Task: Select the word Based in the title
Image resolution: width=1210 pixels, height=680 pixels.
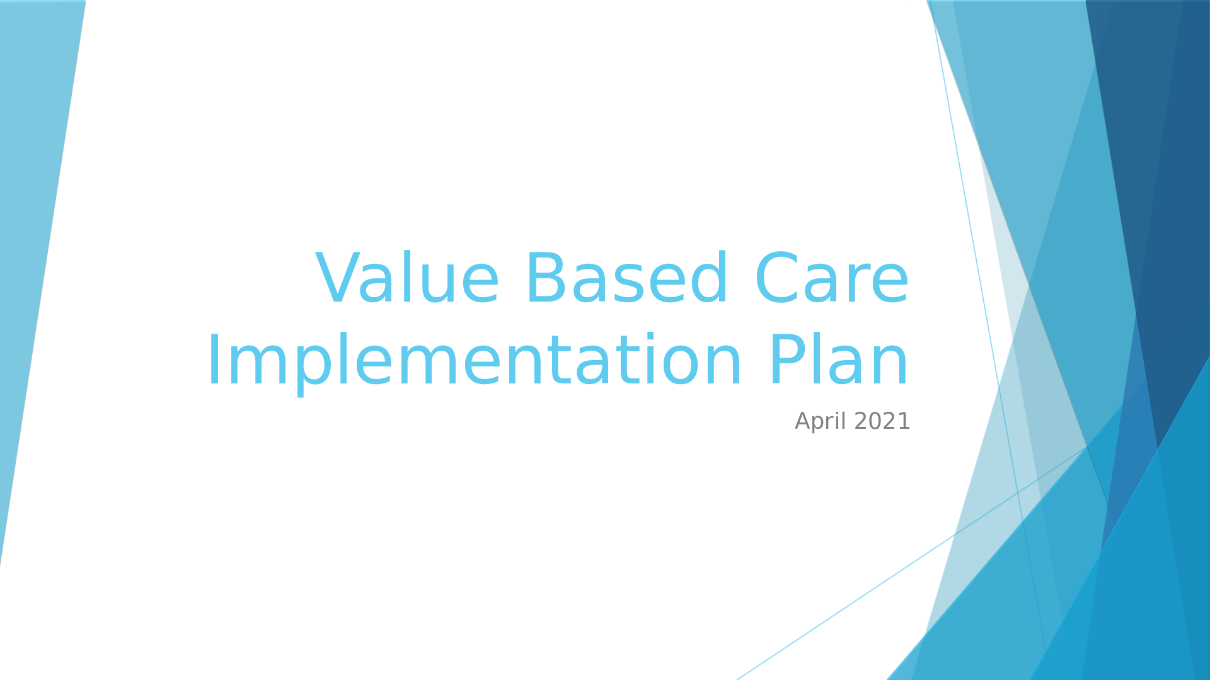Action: tap(626, 279)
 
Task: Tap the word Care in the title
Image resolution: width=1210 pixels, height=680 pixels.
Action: tap(832, 279)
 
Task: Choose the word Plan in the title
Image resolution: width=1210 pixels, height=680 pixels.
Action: tap(839, 361)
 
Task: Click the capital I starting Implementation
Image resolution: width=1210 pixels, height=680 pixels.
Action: tap(213, 360)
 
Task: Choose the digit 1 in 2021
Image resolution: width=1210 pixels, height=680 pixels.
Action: tap(904, 421)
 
